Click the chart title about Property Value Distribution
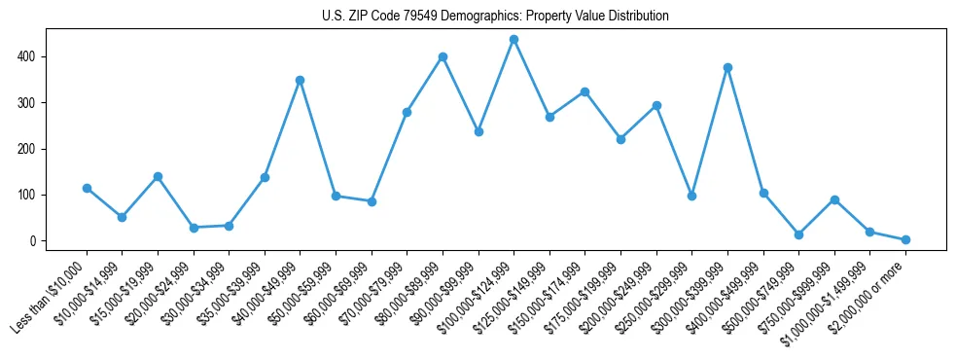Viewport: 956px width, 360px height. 495,16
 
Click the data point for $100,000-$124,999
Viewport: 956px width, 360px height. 513,40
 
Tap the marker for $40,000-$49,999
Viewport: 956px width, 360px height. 301,80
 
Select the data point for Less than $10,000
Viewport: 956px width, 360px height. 87,188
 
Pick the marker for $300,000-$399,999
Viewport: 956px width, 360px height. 727,67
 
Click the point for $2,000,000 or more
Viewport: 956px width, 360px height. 905,239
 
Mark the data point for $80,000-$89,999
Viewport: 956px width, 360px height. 443,56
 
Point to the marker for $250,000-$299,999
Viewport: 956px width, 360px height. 691,196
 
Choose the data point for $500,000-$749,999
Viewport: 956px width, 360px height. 798,234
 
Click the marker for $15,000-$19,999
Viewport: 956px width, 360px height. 158,176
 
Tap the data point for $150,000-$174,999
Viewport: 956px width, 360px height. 584,91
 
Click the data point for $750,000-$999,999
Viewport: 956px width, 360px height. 834,199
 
